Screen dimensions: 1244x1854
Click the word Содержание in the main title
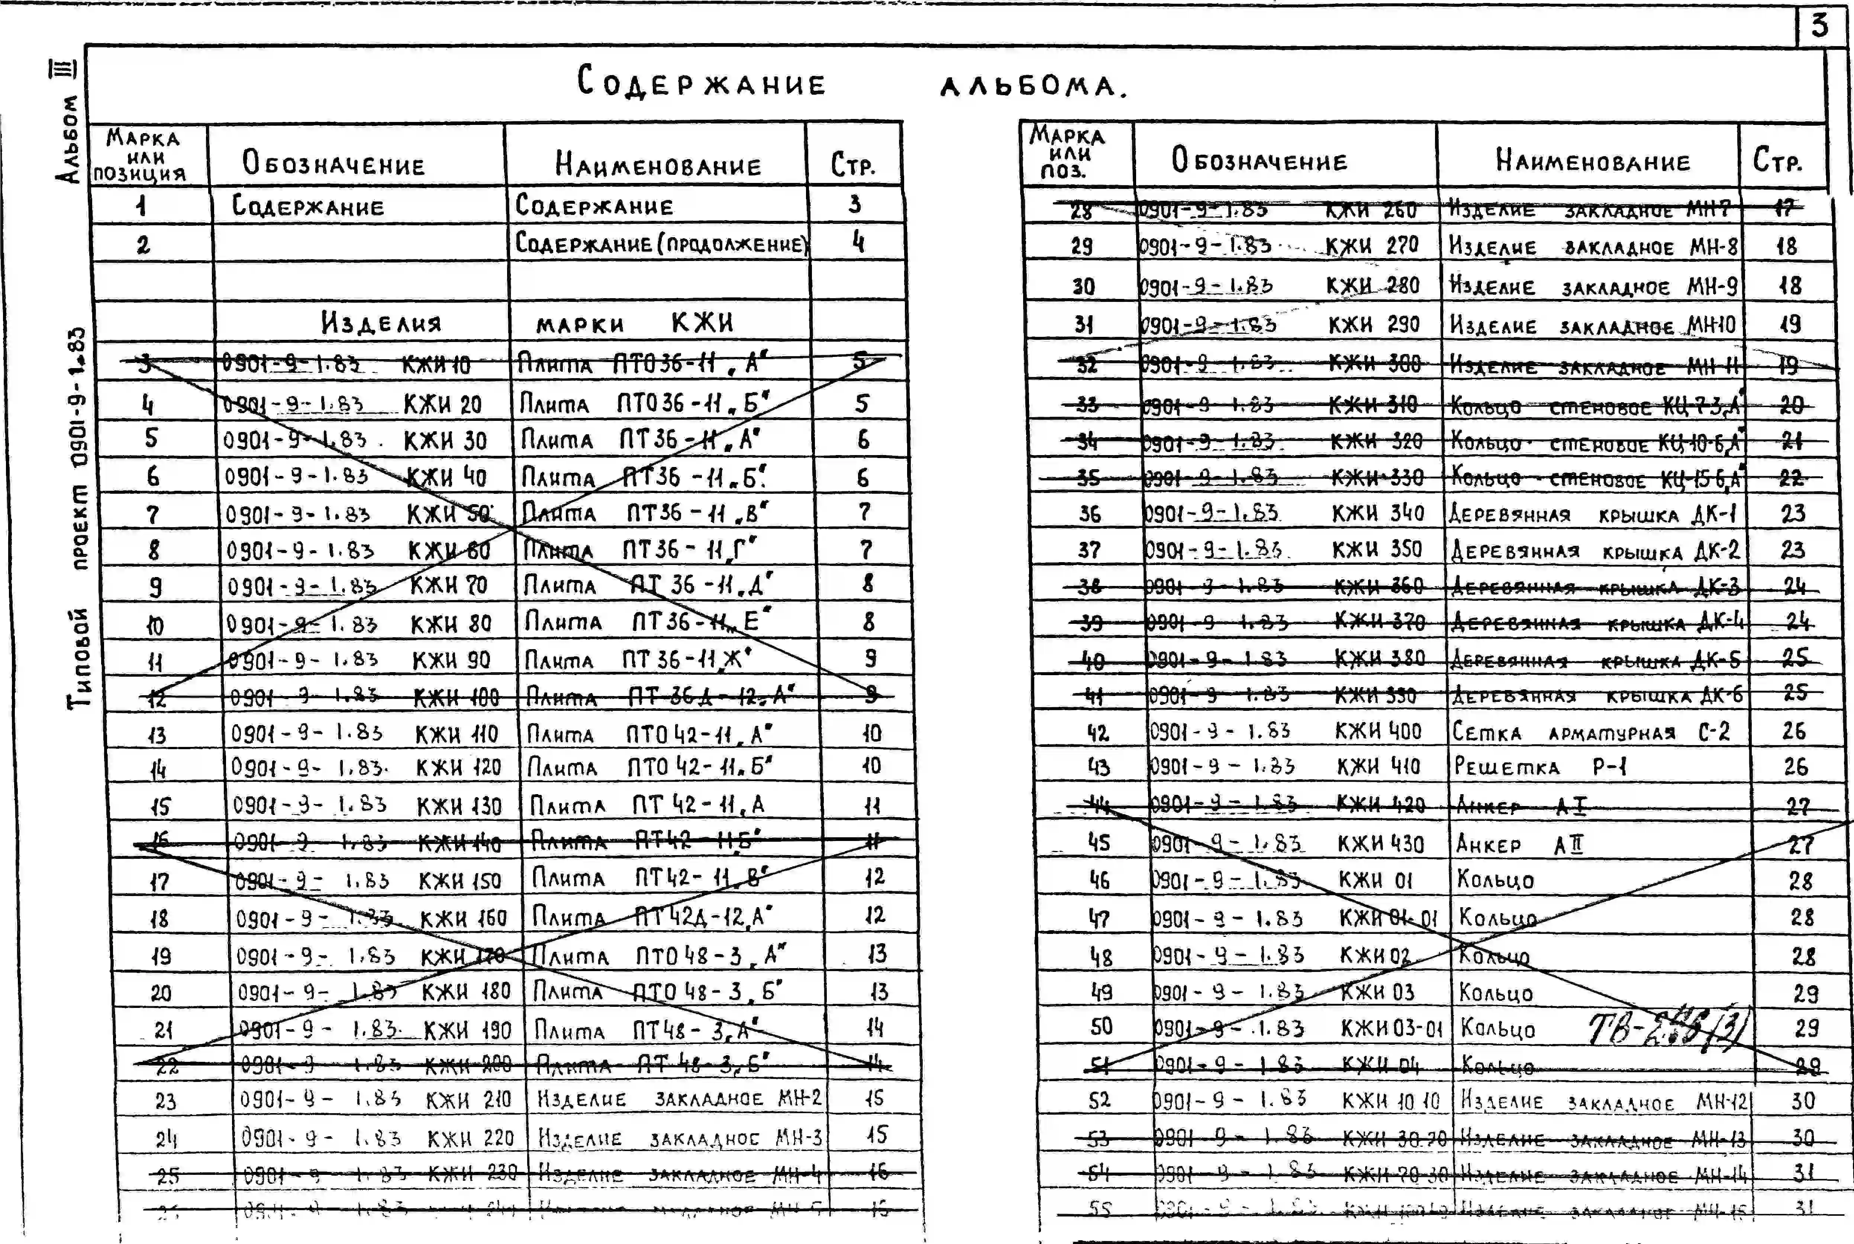click(x=701, y=83)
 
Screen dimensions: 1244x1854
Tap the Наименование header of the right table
click(x=1592, y=161)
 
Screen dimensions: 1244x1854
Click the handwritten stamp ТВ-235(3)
click(x=1666, y=1029)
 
